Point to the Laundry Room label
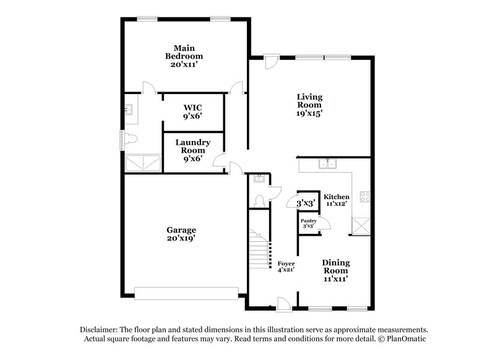pos(192,150)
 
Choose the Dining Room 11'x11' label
pos(335,270)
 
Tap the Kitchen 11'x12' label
pos(337,199)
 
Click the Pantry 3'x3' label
pos(308,223)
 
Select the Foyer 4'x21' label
pos(286,267)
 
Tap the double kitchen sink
pos(328,164)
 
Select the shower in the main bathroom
pos(142,164)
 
